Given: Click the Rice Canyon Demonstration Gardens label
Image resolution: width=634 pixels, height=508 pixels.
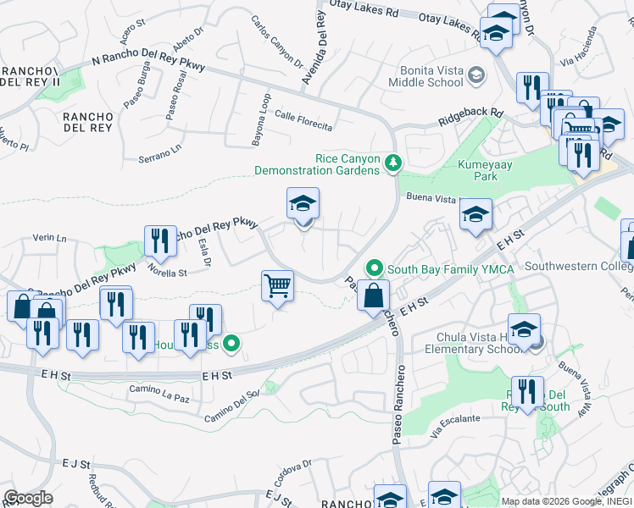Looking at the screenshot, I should pos(318,164).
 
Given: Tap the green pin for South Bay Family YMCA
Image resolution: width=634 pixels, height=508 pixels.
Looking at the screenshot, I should pos(374,269).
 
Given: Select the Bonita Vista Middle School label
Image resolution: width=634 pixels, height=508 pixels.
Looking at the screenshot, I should pos(425,76).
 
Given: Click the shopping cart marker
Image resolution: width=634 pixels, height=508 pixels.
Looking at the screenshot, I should pos(277,286).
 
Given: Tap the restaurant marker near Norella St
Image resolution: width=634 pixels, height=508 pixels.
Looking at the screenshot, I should pos(160,241).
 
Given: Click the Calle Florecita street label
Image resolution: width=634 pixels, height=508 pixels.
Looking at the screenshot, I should pos(303,122).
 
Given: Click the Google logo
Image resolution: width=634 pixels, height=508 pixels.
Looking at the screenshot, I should pos(28,498).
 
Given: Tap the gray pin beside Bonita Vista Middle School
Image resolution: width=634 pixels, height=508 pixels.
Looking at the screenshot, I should pos(476,75).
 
